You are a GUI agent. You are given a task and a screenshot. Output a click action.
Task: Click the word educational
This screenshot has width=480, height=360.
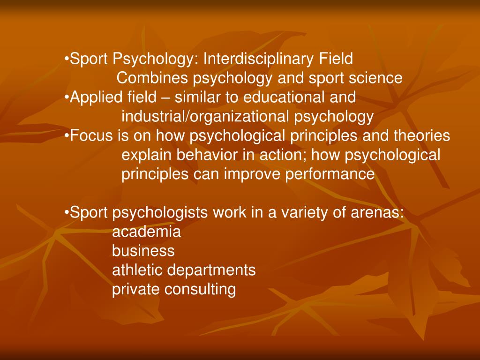[280, 97]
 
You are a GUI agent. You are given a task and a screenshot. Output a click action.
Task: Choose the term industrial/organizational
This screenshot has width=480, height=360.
[206, 117]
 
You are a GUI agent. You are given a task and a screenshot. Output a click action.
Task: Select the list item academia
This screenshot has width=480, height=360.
[146, 232]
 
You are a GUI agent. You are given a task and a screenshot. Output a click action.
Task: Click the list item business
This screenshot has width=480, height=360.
[143, 251]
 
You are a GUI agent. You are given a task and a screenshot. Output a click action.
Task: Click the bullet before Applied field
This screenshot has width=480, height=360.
[67, 98]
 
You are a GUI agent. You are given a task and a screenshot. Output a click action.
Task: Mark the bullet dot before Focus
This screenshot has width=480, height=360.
[67, 136]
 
